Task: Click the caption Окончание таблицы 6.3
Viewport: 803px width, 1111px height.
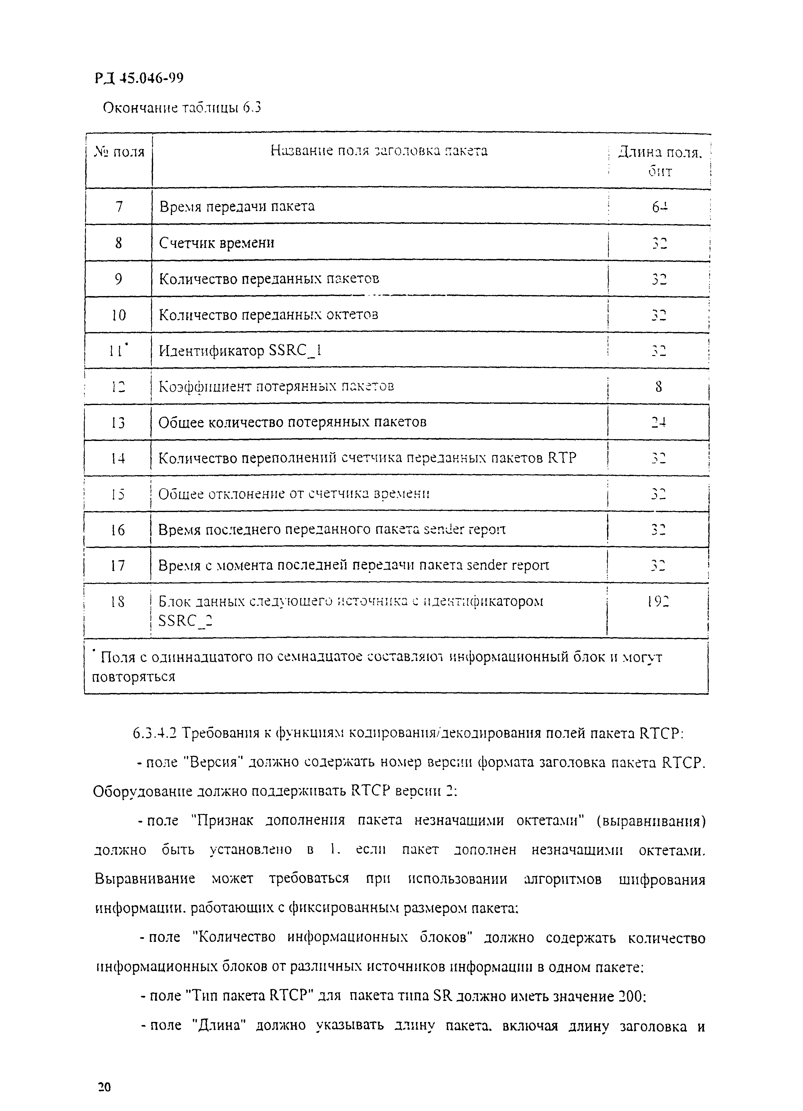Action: [x=181, y=107]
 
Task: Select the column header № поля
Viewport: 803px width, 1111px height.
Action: [x=119, y=152]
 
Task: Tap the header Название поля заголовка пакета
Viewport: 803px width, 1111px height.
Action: [x=379, y=151]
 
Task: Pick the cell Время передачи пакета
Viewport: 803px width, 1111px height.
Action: [x=237, y=206]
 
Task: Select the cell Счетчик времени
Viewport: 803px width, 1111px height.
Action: [x=217, y=242]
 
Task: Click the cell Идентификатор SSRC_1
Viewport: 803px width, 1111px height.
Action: [x=240, y=351]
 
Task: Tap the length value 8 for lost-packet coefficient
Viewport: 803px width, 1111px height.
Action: [x=658, y=387]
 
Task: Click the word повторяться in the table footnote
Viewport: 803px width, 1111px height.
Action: [x=133, y=677]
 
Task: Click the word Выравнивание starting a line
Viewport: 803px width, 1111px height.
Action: [x=145, y=878]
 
